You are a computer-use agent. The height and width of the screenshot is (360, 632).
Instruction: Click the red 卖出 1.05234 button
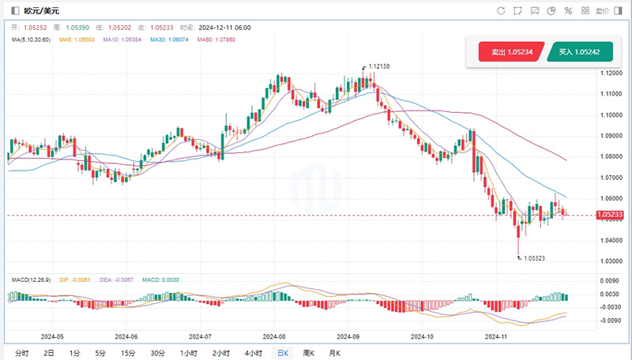point(511,52)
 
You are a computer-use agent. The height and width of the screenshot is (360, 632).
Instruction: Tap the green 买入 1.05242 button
point(579,52)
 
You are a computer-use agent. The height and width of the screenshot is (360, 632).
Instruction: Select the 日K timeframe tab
point(281,353)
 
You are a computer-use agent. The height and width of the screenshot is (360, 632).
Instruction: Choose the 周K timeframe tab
point(307,353)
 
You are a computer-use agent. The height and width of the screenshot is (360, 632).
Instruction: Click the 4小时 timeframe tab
point(253,353)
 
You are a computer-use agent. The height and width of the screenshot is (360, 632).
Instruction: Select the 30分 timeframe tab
point(157,353)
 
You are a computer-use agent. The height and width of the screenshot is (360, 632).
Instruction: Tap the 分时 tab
point(21,353)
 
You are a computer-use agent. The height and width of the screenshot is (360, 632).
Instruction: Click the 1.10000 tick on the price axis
point(611,114)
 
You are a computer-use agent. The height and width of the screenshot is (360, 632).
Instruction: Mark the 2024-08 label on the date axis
point(274,336)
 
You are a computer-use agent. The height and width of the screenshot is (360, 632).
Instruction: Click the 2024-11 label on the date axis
point(495,336)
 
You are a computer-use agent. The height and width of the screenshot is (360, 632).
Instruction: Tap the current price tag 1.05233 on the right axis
point(610,215)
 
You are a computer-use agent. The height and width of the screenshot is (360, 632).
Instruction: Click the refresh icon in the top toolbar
point(501,10)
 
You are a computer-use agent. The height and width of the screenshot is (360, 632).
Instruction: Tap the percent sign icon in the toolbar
point(567,10)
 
